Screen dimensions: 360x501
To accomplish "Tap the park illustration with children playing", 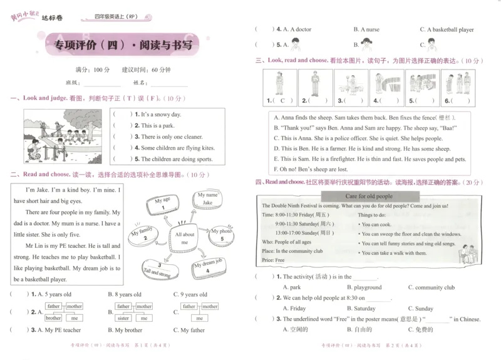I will [60, 136].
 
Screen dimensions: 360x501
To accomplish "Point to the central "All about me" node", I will [185, 239].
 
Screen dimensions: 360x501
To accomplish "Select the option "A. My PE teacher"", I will [59, 330].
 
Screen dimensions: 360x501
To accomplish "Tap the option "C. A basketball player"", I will [447, 29].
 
